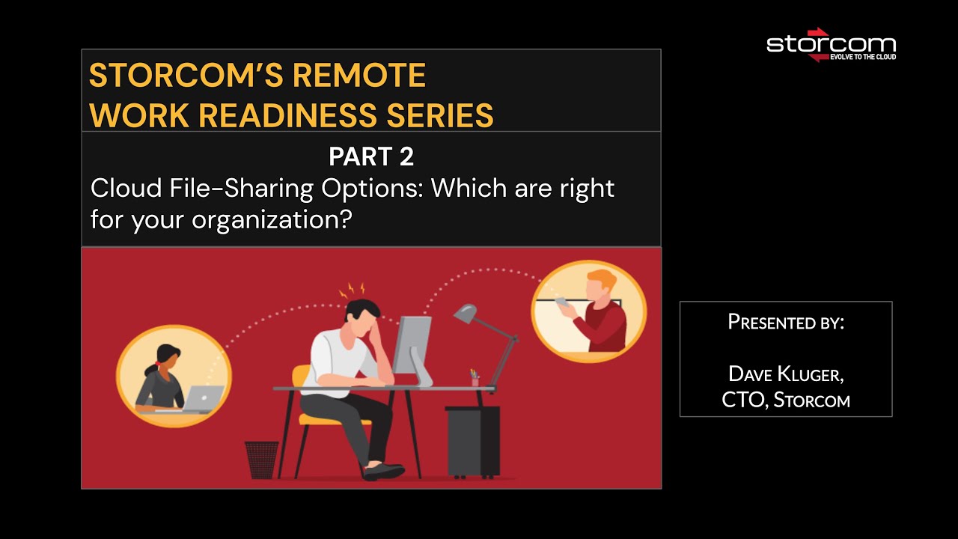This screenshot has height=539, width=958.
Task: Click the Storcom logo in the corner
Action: click(x=831, y=44)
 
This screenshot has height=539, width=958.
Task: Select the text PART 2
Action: click(x=370, y=156)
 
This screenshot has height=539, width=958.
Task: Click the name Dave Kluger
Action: click(x=786, y=374)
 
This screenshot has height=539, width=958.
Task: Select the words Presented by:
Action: click(x=786, y=323)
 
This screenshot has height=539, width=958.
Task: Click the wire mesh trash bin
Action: click(x=261, y=460)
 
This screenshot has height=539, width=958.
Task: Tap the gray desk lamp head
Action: click(x=465, y=312)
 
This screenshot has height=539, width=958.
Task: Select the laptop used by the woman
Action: click(x=203, y=398)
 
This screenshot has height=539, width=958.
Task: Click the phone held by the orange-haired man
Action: click(x=562, y=301)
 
